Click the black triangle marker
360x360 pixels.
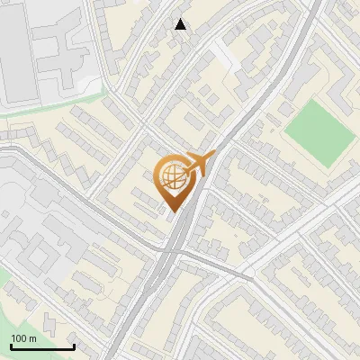(x=181, y=24)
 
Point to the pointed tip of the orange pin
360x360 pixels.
(x=171, y=212)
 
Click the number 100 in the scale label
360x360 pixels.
(x=19, y=338)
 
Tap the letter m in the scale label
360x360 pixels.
(x=32, y=338)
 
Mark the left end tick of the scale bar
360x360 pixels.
(x=11, y=346)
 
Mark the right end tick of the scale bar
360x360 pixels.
(x=74, y=346)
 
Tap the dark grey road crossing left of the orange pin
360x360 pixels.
(x=108, y=216)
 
